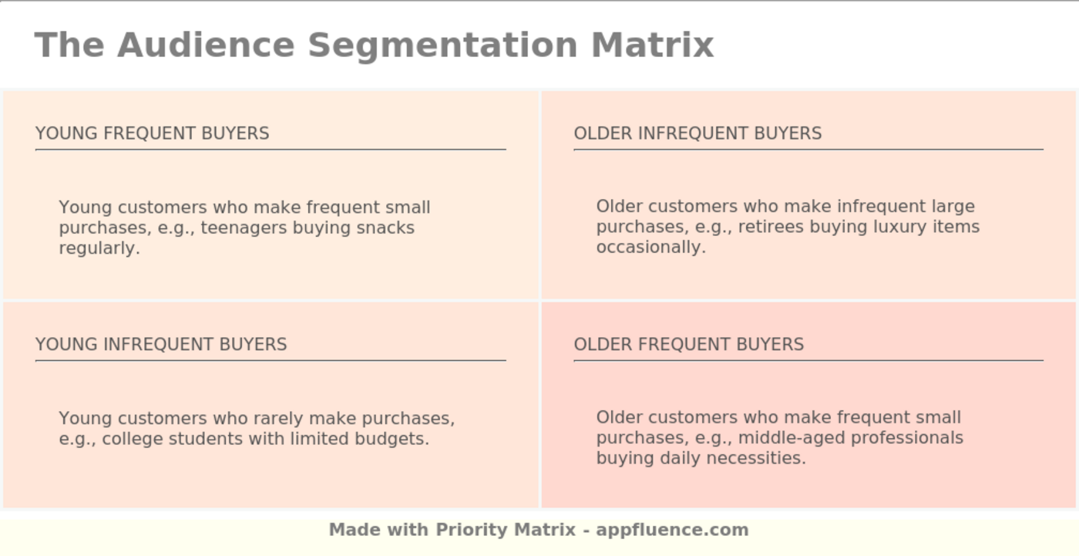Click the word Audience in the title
pos(206,45)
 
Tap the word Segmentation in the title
pos(442,45)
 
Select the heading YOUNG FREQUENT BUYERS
pos(152,133)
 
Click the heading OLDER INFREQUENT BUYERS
pos(697,133)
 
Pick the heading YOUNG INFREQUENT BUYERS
pos(161,344)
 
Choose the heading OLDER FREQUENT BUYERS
pos(688,344)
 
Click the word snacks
pos(385,227)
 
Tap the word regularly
pos(99,248)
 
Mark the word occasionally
pos(650,247)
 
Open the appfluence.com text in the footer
pos(672,530)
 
